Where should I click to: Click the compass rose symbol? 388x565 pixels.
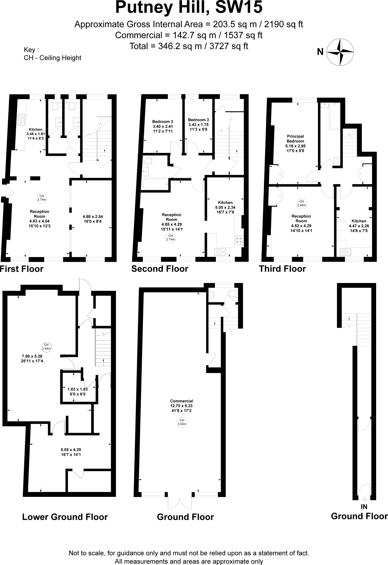coord(340,52)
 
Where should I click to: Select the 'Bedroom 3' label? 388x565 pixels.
coord(198,120)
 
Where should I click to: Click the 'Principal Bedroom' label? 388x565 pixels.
coord(295,138)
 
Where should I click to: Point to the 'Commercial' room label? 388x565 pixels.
coord(181,401)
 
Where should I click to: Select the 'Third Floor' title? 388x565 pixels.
coord(282,269)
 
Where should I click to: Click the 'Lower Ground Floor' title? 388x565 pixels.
coord(65,517)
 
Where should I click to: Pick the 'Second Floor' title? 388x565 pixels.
coord(160,269)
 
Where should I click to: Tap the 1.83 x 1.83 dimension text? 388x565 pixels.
coord(78,389)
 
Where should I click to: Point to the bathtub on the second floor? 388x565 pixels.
coord(155,184)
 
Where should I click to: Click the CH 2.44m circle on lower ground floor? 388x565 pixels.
coord(46,347)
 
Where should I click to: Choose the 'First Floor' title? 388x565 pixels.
coord(22,269)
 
